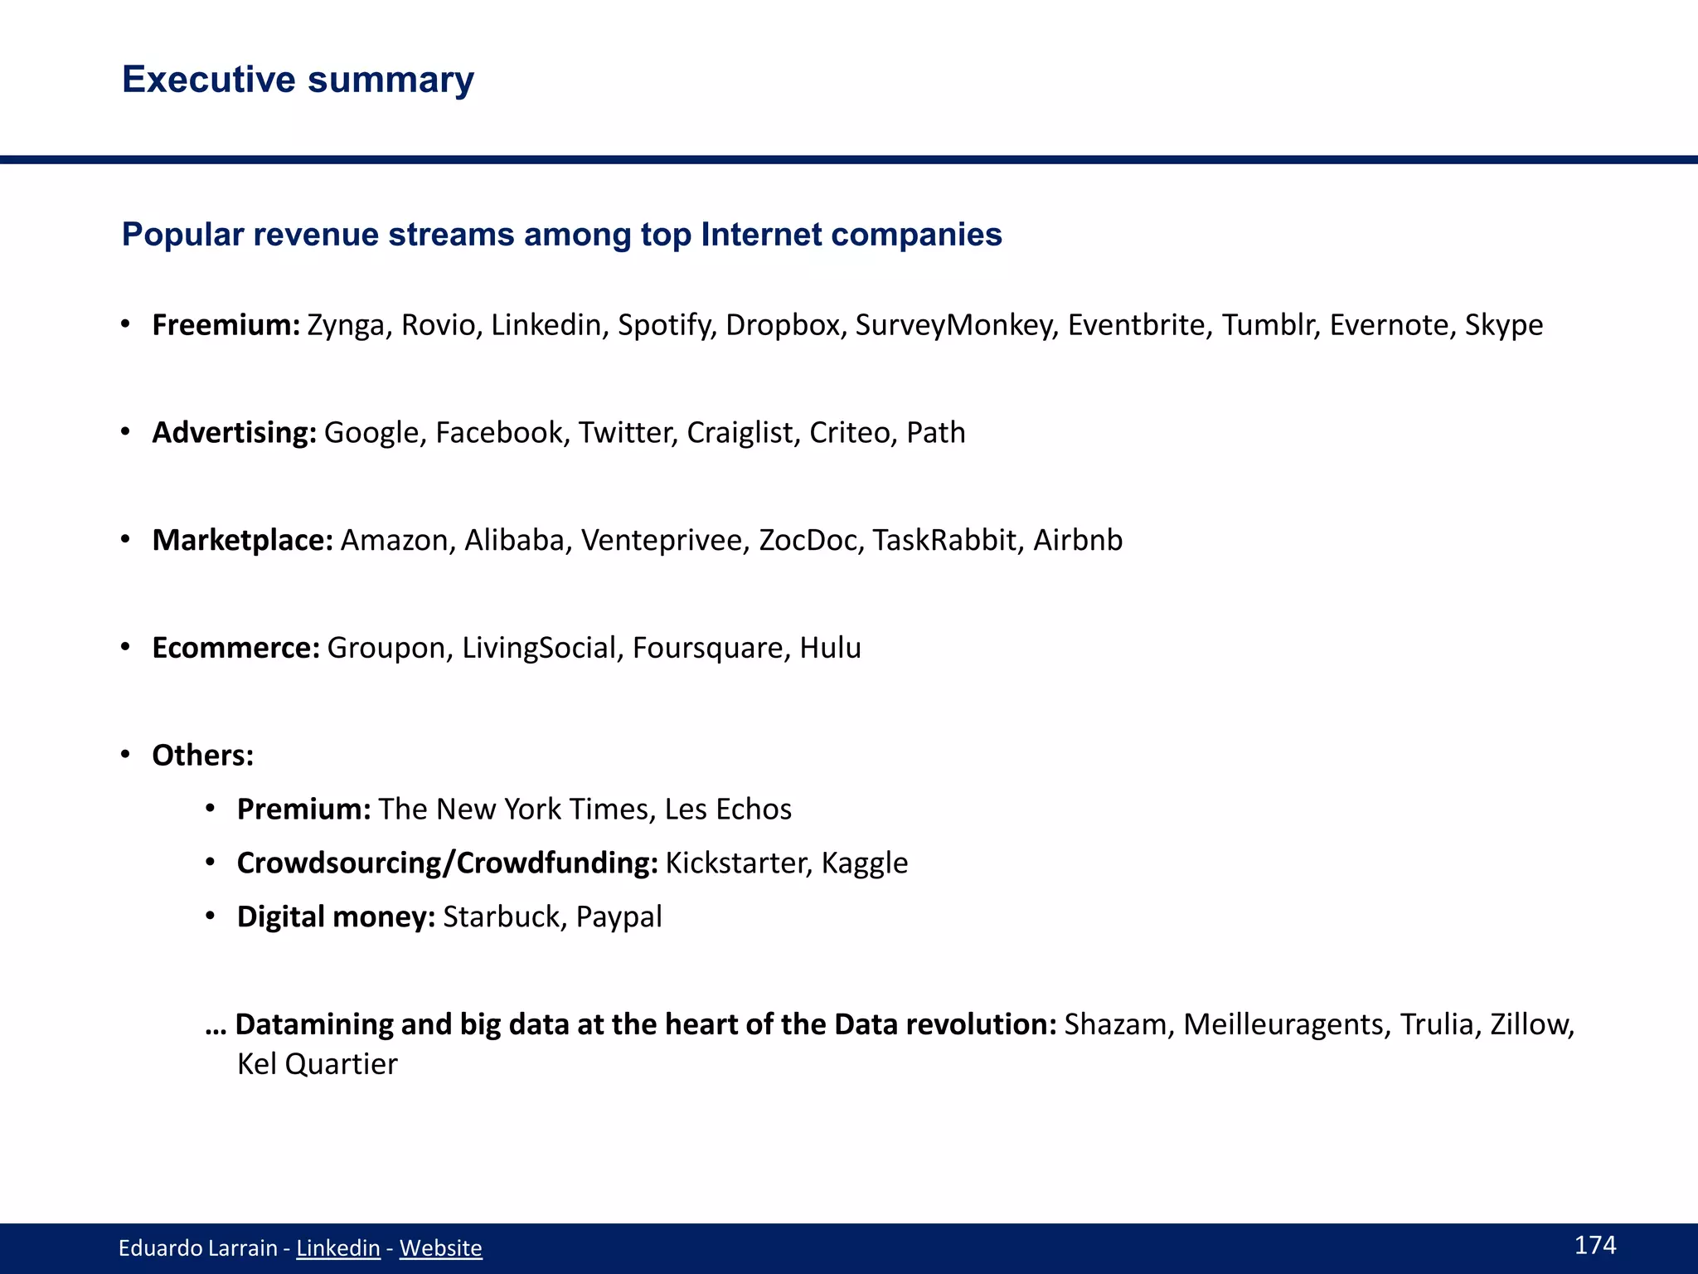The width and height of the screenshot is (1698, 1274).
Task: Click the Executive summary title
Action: pyautogui.click(x=298, y=80)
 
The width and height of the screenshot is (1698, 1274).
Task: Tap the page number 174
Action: pyautogui.click(x=1594, y=1245)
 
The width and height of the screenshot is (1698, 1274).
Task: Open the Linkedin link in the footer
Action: pyautogui.click(x=337, y=1248)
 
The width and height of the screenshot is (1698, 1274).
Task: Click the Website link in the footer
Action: pyautogui.click(x=440, y=1248)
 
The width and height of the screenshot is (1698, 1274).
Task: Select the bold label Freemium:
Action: pyautogui.click(x=226, y=325)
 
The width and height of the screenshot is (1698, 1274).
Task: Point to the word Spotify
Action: pyautogui.click(x=666, y=325)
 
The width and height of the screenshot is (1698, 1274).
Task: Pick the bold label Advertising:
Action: pyautogui.click(x=234, y=433)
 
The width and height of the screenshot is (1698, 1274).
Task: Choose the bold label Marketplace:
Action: pyautogui.click(x=242, y=541)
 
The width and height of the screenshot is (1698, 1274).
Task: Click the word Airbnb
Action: pyautogui.click(x=1077, y=541)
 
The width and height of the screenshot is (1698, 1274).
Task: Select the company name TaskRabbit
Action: pyautogui.click(x=944, y=541)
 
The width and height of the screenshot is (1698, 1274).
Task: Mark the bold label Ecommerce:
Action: pyautogui.click(x=235, y=649)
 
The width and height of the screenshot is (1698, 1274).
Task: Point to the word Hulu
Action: pyautogui.click(x=830, y=649)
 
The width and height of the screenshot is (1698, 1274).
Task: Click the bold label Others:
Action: pyautogui.click(x=202, y=756)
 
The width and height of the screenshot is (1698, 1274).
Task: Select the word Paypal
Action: pyautogui.click(x=619, y=917)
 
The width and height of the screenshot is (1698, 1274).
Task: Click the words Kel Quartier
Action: pyautogui.click(x=317, y=1064)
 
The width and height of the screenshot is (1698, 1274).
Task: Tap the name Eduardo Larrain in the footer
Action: pyautogui.click(x=197, y=1248)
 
